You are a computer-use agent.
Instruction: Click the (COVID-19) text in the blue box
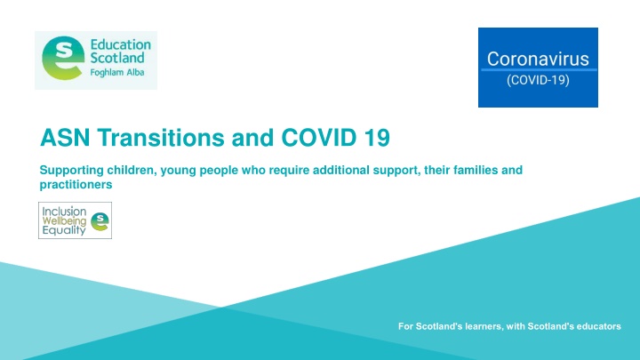pos(536,78)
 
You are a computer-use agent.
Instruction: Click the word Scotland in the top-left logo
pos(118,59)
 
